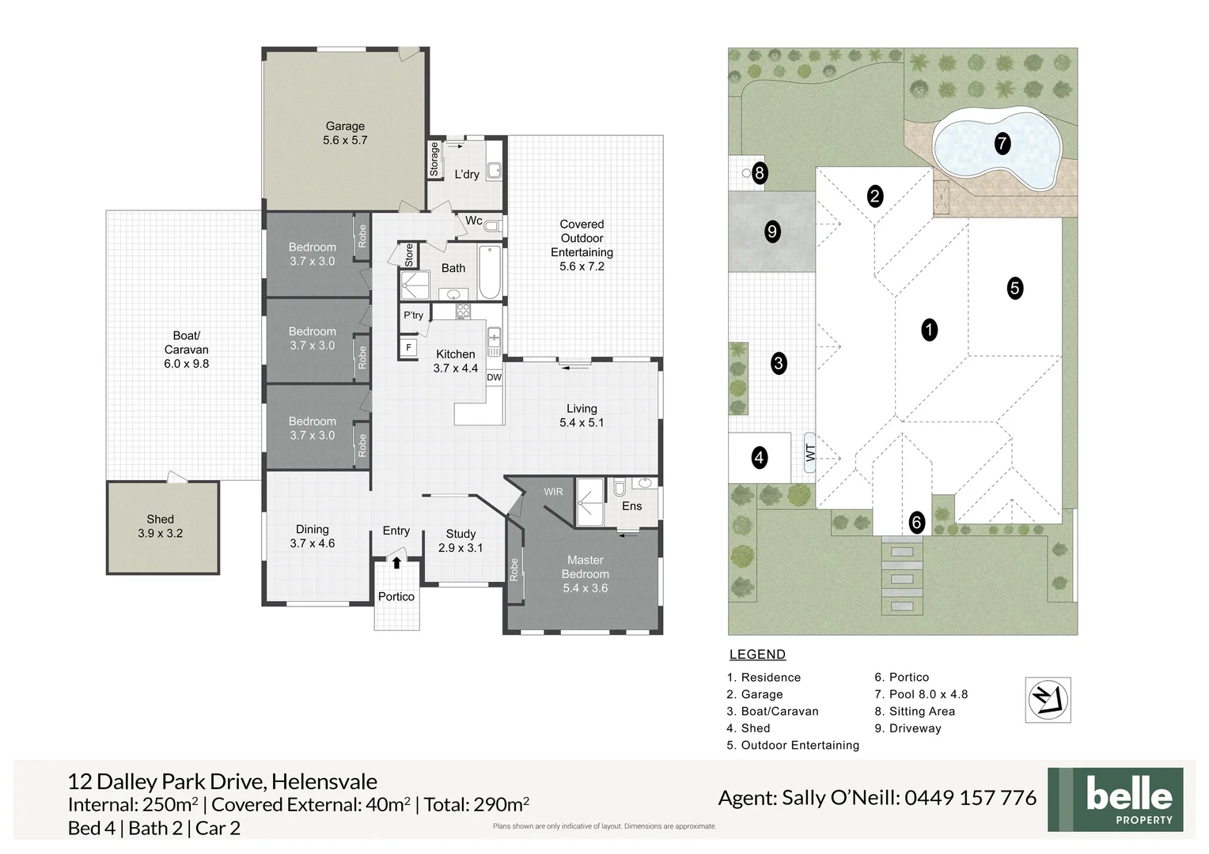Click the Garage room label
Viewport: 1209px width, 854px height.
coord(345,127)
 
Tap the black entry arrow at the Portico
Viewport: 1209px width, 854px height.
coord(396,563)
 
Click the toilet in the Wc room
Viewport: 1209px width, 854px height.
coord(492,225)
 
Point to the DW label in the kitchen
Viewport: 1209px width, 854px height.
coord(494,378)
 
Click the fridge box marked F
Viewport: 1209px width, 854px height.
coord(408,348)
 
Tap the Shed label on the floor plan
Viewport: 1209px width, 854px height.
coord(161,519)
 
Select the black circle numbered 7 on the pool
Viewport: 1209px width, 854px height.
coord(1002,143)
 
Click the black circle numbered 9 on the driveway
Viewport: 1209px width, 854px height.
coord(772,232)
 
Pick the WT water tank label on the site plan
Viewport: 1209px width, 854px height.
coord(810,452)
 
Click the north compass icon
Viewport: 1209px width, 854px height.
coord(1048,700)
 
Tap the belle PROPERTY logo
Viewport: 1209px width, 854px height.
coord(1115,799)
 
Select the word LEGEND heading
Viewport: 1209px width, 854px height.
coord(757,655)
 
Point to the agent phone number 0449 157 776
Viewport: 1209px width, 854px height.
coord(970,797)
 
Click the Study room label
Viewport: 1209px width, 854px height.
coord(460,534)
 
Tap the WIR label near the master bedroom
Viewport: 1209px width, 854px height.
coord(553,492)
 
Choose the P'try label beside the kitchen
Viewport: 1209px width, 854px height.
coord(414,315)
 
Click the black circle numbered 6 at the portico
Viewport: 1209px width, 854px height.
coord(916,522)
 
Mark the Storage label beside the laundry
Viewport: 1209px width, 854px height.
coord(434,159)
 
